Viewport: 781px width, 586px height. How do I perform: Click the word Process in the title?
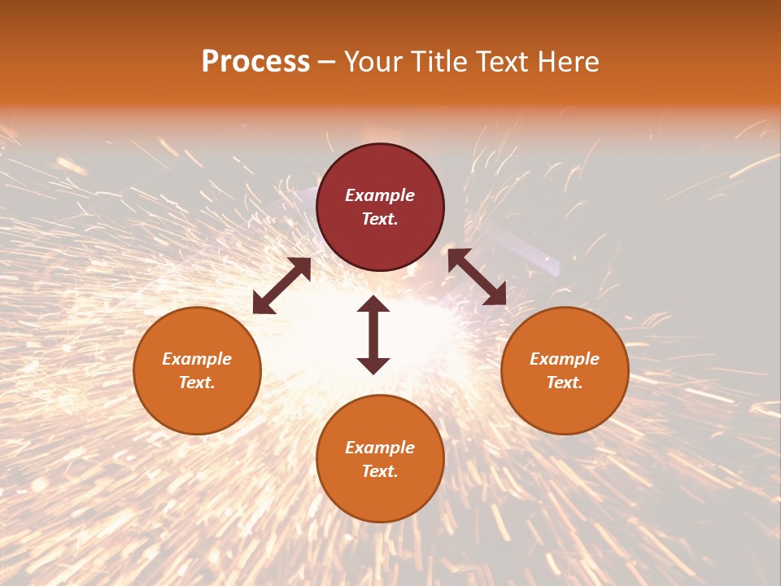255,62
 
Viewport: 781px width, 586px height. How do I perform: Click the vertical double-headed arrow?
373,335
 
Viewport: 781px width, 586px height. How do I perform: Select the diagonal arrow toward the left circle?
281,286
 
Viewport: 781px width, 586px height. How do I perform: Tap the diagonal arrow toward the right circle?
477,277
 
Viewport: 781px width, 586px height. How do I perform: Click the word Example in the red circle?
380,195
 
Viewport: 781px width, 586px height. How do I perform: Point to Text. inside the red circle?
380,219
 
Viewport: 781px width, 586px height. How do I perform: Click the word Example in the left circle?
197,359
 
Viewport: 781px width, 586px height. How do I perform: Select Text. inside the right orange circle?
565,383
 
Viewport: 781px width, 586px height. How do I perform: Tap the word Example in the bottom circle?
380,448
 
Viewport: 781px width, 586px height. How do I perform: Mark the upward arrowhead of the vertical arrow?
373,304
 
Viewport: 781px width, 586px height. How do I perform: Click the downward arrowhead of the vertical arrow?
373,365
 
